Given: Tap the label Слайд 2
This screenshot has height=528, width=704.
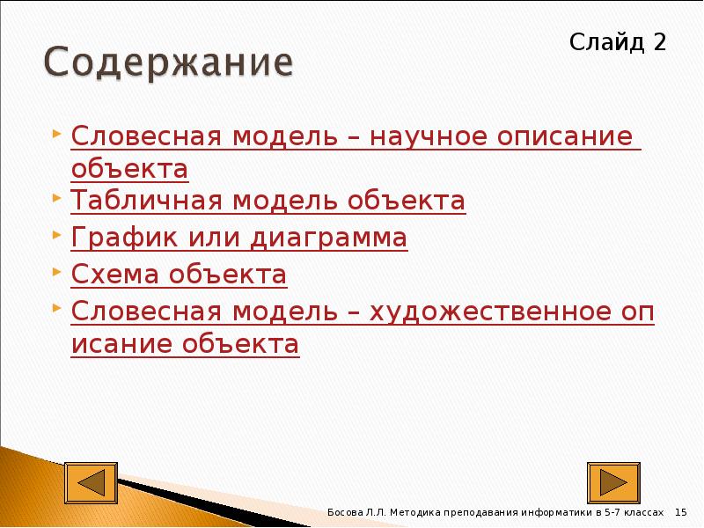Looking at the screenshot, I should pyautogui.click(x=617, y=41).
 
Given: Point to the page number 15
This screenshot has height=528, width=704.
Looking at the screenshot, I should pyautogui.click(x=680, y=512).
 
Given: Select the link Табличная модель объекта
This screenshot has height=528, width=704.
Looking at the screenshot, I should pyautogui.click(x=268, y=202).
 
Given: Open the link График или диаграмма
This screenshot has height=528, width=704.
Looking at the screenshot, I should pyautogui.click(x=239, y=238).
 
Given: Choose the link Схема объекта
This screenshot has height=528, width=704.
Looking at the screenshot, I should pyautogui.click(x=179, y=275).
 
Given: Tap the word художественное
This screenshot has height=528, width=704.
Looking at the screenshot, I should pyautogui.click(x=489, y=312).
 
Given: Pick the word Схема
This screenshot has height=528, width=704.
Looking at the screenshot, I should pyautogui.click(x=110, y=275).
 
